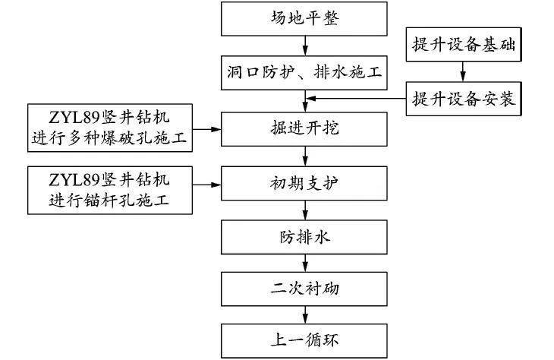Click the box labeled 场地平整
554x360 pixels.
click(304, 19)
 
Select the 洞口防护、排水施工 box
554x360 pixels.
click(304, 73)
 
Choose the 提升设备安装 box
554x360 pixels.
click(463, 98)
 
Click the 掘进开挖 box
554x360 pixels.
click(304, 127)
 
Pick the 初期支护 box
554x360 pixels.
click(304, 182)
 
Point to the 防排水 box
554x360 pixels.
click(304, 237)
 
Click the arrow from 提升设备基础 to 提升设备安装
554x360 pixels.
click(463, 71)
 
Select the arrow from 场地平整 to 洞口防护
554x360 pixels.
click(305, 46)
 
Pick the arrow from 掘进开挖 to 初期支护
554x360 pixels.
click(305, 155)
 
